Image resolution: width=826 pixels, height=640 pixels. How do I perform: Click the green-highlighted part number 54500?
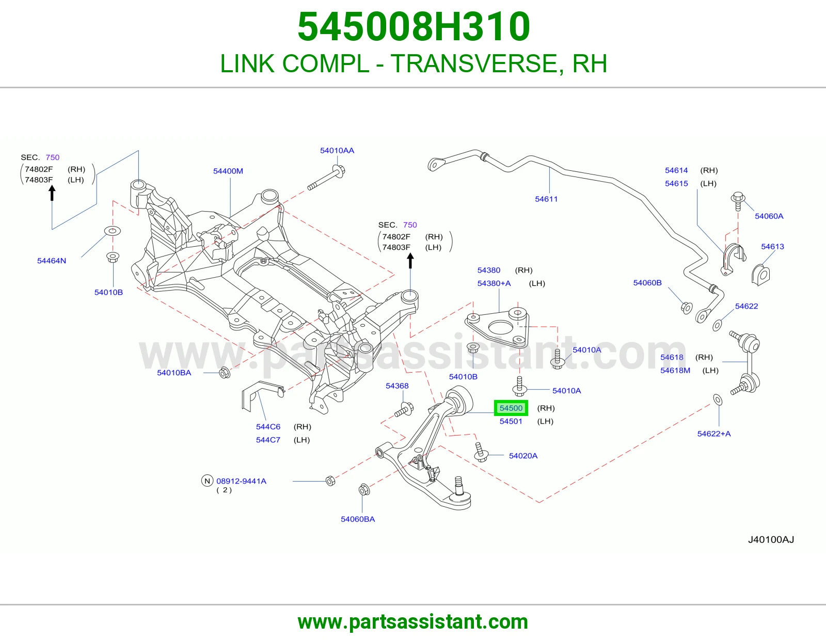click(511, 408)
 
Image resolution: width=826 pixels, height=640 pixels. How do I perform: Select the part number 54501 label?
click(511, 421)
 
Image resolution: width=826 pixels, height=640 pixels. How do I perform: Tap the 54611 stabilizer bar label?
click(546, 199)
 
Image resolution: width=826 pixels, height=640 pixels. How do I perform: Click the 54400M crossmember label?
click(228, 171)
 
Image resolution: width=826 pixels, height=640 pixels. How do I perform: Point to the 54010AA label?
click(337, 151)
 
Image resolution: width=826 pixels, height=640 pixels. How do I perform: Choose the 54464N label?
click(52, 261)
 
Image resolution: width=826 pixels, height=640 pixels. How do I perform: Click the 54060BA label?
click(358, 519)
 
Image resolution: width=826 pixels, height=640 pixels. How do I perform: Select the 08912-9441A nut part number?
click(242, 481)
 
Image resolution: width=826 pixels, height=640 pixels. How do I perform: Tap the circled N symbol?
click(207, 481)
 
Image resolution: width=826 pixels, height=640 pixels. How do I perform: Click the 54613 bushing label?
click(772, 247)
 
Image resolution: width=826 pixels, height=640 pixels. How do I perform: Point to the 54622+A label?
click(714, 434)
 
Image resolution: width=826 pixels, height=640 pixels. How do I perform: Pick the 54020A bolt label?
click(523, 456)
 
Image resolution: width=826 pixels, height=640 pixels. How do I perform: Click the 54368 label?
click(397, 386)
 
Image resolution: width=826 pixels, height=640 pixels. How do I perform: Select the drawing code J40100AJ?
click(771, 540)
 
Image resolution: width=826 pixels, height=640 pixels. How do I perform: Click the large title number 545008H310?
click(414, 26)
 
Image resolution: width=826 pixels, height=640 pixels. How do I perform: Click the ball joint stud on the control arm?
click(459, 485)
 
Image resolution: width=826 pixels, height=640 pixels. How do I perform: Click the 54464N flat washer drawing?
click(113, 231)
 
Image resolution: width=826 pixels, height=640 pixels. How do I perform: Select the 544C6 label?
click(268, 427)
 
